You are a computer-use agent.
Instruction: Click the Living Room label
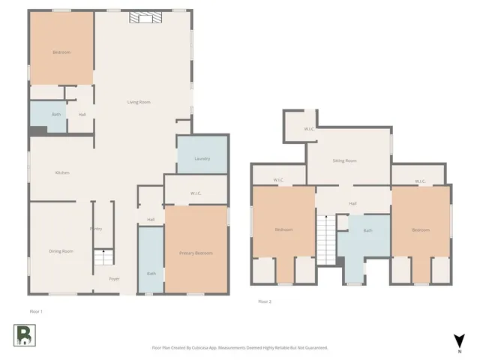tap(139, 102)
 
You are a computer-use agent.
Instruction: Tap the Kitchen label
tap(62, 172)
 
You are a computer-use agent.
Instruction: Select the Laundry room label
tap(202, 158)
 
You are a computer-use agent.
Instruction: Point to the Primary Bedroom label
tap(196, 253)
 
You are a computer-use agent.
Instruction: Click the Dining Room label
tap(61, 250)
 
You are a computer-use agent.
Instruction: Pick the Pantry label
tap(96, 228)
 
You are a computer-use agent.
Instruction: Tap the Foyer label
tap(114, 278)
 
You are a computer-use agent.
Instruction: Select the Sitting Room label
tap(345, 160)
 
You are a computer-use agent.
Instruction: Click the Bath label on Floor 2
tap(367, 230)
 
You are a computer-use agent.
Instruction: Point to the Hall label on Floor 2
tap(352, 202)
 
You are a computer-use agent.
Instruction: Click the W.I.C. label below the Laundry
tap(196, 193)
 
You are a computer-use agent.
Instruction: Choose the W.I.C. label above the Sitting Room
tap(309, 129)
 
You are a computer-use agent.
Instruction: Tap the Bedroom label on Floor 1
tap(61, 52)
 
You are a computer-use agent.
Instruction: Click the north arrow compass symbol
tap(458, 341)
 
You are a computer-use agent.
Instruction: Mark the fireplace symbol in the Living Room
tap(142, 18)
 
